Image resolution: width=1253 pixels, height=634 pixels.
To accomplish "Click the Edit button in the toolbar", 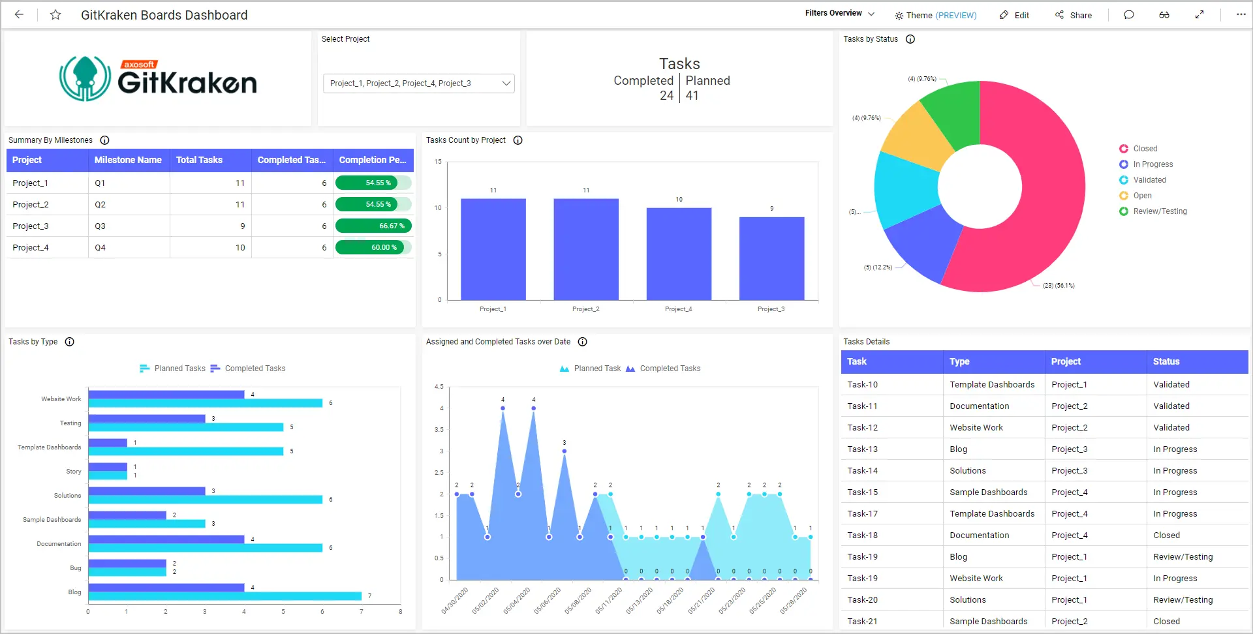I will click(1015, 15).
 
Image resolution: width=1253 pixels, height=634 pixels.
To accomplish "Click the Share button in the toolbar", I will click(1074, 15).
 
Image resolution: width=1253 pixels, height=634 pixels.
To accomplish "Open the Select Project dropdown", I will click(418, 83).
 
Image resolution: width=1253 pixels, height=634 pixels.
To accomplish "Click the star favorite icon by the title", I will click(55, 15).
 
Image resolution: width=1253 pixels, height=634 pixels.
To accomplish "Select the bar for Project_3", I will click(771, 258).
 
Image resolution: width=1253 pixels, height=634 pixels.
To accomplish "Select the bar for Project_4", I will click(679, 254).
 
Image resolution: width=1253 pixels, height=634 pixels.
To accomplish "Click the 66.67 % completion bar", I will click(373, 226).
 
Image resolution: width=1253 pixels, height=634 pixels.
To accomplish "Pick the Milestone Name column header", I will click(128, 160).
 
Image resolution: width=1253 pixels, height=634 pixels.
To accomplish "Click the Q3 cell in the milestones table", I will click(101, 226).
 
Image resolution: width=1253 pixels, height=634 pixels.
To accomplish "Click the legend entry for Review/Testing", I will click(1160, 211).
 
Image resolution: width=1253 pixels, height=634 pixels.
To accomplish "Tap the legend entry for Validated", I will click(1149, 180).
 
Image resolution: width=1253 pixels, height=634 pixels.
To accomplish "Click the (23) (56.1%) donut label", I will click(1058, 286).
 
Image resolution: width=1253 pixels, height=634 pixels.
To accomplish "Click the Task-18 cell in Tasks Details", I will click(863, 536).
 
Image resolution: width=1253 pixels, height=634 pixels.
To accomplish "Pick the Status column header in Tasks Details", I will click(1166, 361).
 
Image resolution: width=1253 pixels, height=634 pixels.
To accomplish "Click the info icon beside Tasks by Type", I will click(70, 342).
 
